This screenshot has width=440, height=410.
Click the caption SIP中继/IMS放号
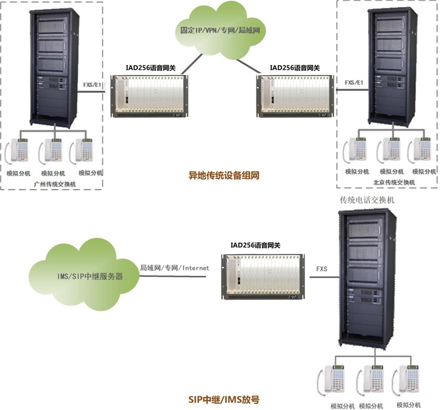219,397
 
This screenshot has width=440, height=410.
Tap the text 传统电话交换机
367,200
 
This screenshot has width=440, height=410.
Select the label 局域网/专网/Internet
175,268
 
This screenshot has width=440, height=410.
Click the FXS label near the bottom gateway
322,269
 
